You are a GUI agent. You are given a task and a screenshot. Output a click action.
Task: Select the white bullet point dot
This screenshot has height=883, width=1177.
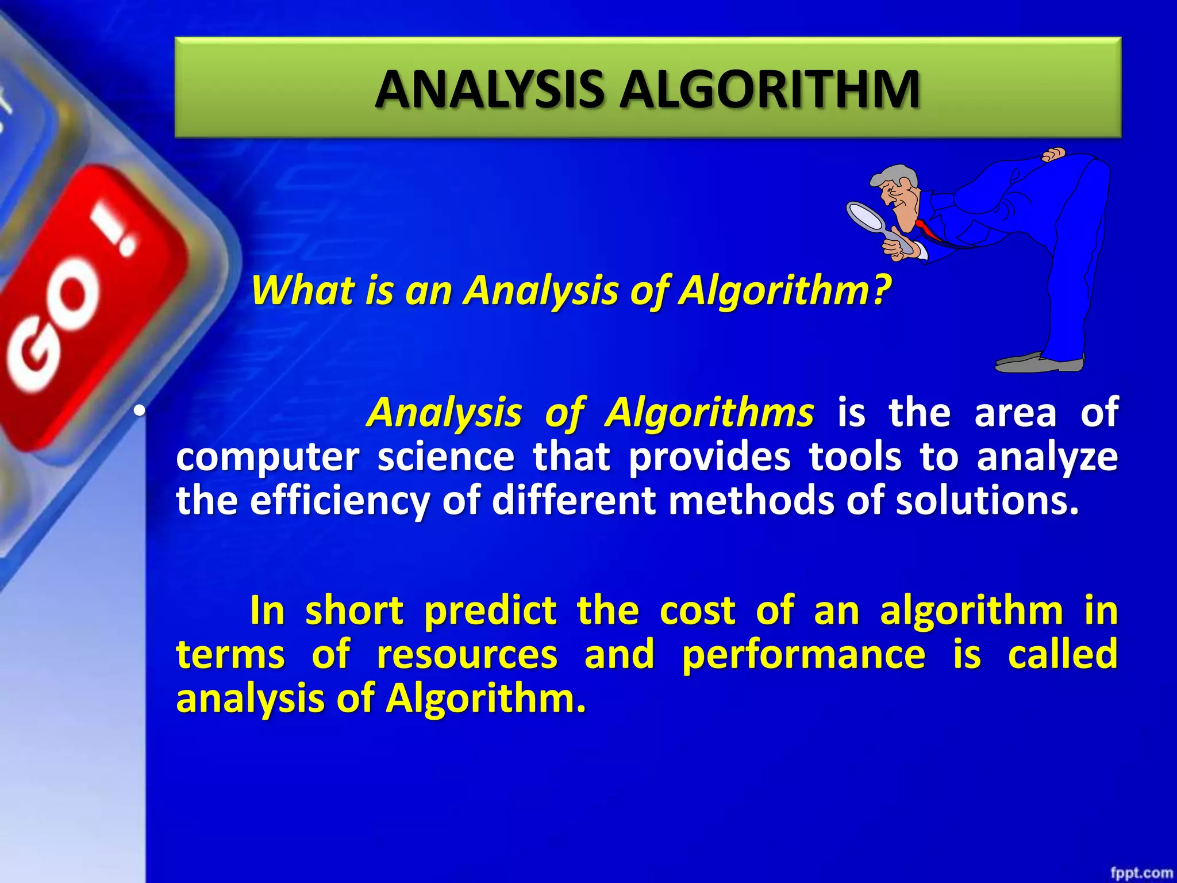click(139, 412)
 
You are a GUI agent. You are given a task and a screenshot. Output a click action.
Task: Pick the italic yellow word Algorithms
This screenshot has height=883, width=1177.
click(709, 413)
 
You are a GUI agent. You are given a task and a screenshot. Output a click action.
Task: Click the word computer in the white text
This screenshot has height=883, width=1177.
click(268, 458)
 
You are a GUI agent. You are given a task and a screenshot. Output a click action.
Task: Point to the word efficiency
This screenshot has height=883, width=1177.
click(340, 500)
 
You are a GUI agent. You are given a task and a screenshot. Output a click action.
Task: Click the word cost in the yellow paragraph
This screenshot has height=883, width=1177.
click(697, 611)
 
